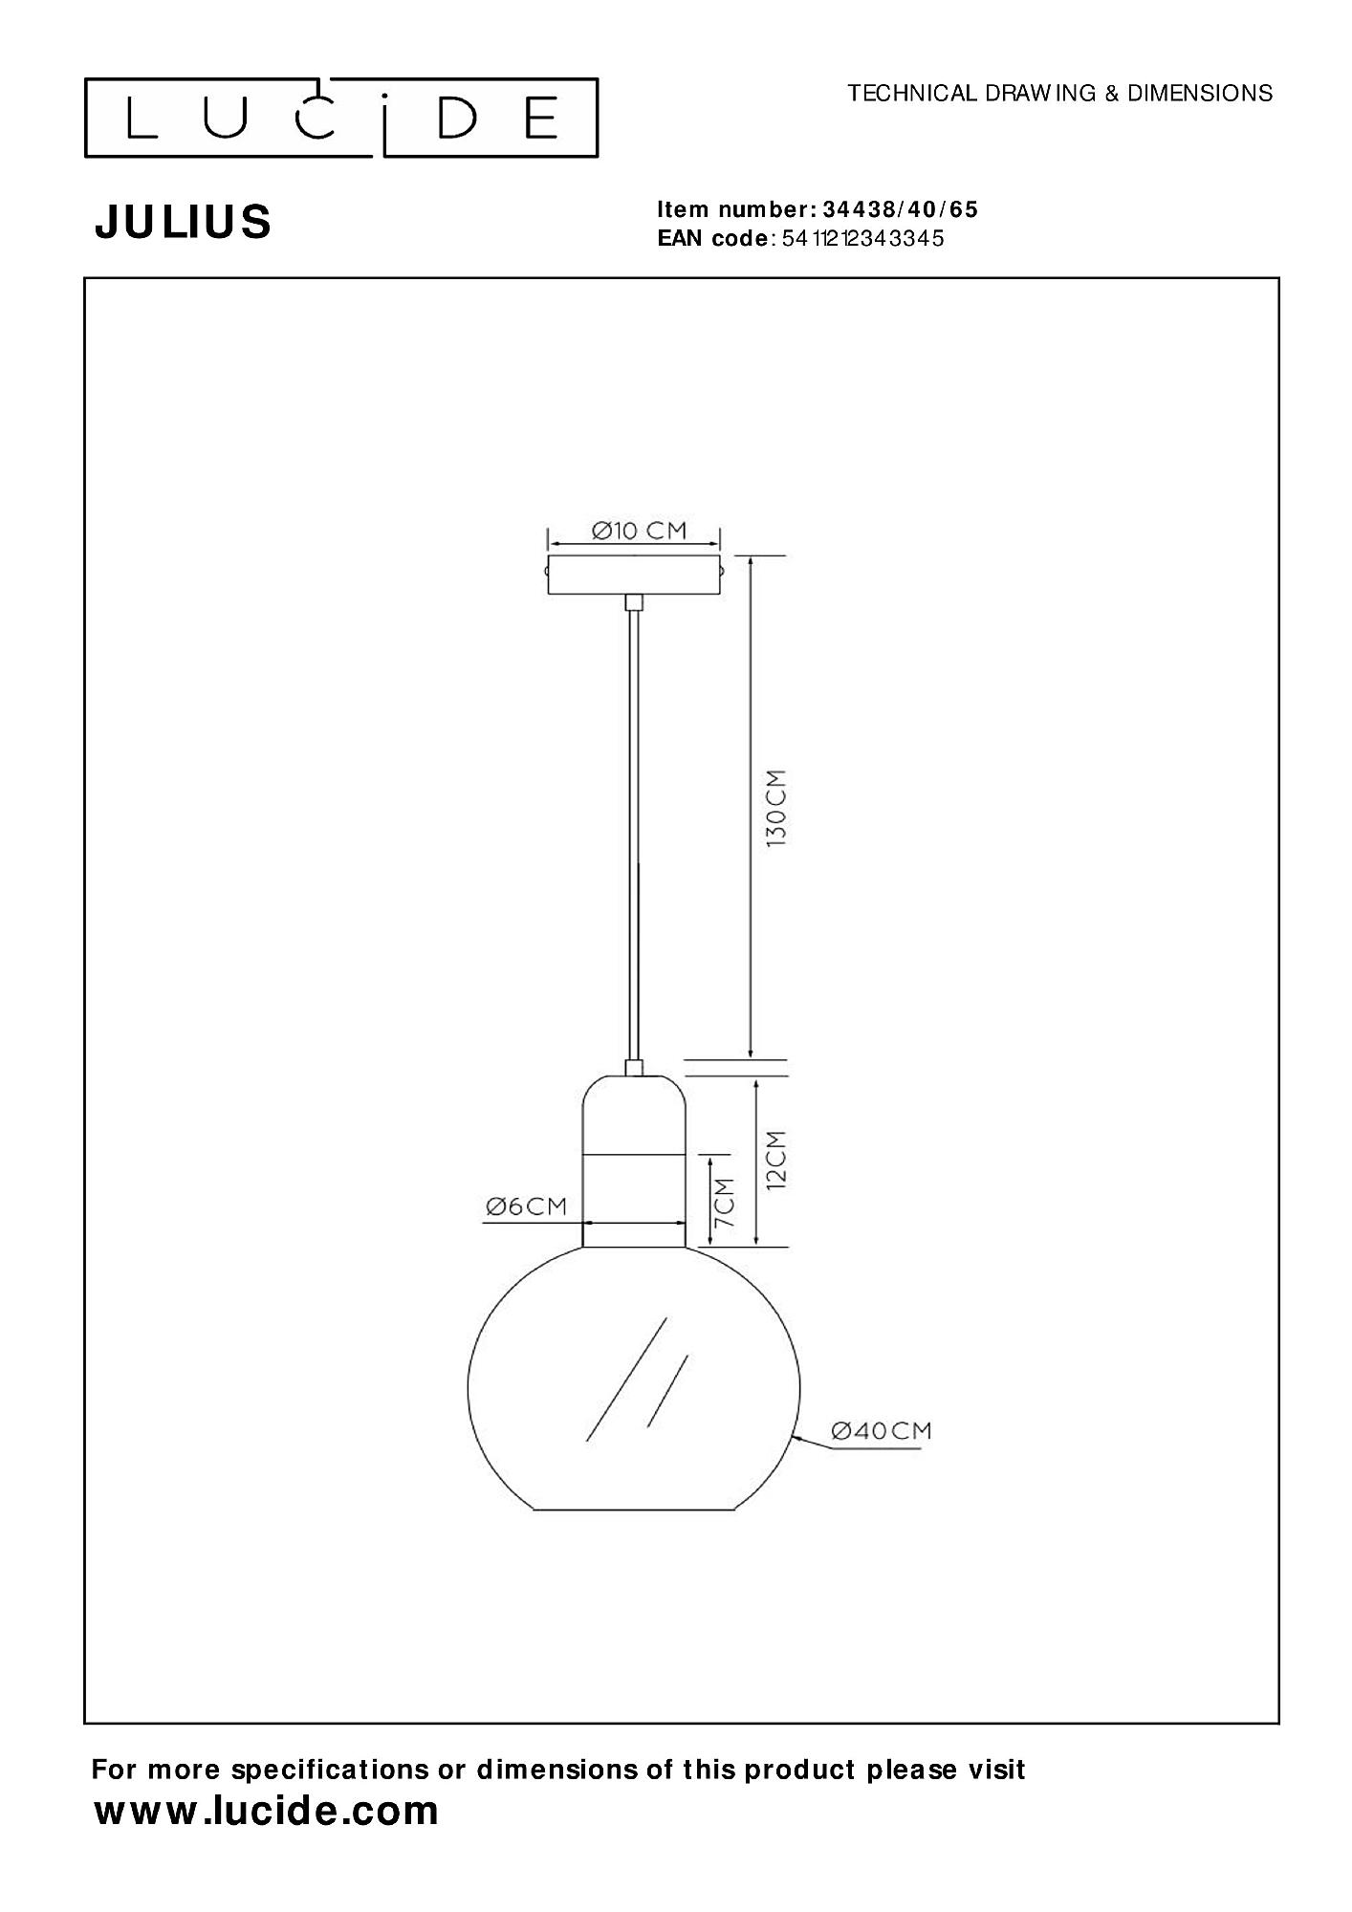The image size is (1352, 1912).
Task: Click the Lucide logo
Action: click(341, 118)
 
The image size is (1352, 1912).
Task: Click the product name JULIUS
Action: click(183, 222)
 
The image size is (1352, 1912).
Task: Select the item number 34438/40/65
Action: click(900, 209)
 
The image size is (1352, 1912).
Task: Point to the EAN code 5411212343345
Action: click(862, 238)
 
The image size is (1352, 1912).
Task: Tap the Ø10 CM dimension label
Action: click(639, 530)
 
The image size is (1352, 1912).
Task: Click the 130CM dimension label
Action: click(775, 806)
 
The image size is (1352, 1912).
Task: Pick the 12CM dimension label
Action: click(775, 1159)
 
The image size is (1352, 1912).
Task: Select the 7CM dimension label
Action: click(724, 1202)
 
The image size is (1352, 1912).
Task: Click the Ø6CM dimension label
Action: click(526, 1206)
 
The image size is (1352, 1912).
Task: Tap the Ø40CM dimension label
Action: click(881, 1457)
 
